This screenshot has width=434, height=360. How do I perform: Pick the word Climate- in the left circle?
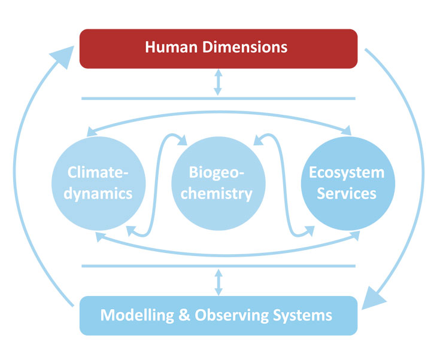point(98,174)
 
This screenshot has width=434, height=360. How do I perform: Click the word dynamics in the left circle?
point(98,194)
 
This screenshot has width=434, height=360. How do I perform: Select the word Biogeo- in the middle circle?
point(217,174)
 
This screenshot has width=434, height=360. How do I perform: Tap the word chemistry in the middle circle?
point(217,194)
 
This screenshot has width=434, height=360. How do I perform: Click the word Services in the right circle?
point(347,194)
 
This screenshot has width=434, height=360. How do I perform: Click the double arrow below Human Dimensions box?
point(218,83)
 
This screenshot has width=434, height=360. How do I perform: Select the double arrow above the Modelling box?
point(218,280)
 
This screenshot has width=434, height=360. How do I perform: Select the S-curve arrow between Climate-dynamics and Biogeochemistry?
point(157,185)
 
